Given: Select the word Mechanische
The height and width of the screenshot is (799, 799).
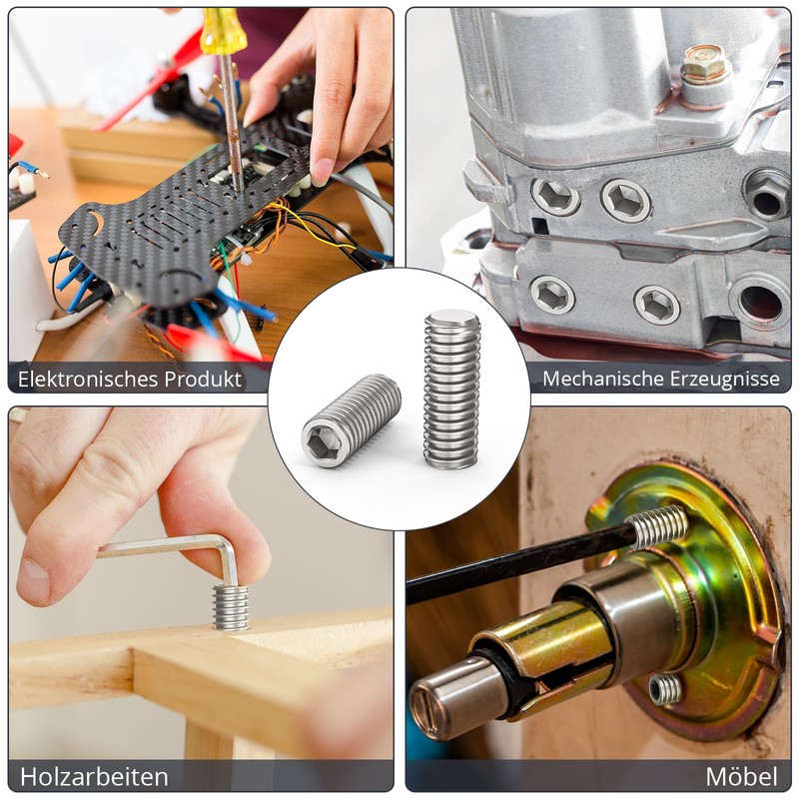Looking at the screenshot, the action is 602,379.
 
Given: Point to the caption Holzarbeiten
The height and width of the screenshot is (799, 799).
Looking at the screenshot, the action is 94,777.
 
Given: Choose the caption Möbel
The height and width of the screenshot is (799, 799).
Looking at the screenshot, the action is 741,777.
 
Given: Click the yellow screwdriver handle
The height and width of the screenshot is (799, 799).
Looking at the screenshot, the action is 217,32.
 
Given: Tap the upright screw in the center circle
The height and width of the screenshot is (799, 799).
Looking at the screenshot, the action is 452,390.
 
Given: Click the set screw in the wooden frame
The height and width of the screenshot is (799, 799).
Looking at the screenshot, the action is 231,607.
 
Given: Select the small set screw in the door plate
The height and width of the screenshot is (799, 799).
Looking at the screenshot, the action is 665,689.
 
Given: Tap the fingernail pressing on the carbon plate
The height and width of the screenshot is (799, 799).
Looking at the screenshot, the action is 322,172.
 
